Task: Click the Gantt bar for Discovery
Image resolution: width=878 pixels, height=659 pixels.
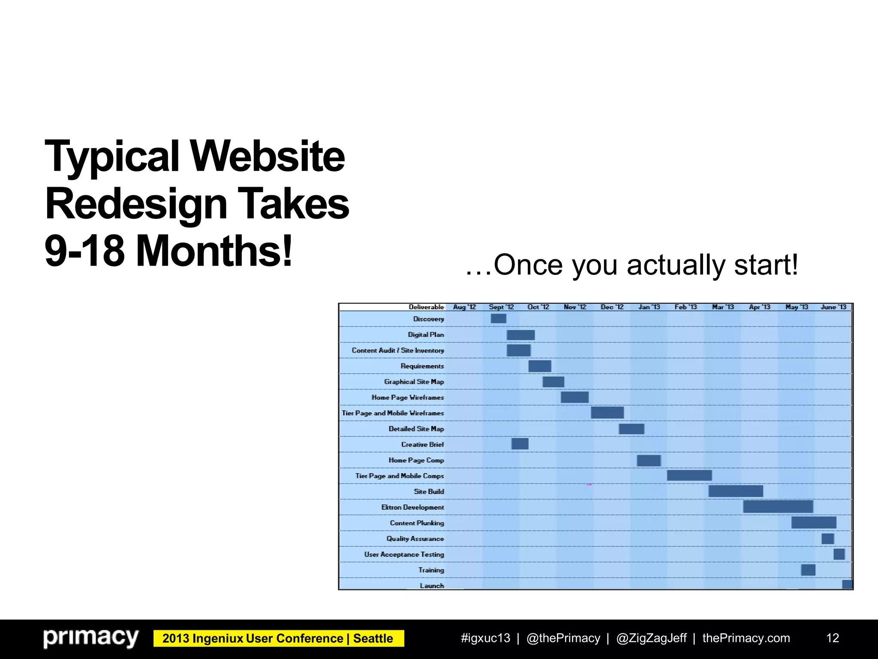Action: click(498, 318)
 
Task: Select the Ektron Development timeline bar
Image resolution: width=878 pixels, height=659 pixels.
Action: click(778, 507)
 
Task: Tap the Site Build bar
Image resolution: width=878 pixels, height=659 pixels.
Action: click(736, 491)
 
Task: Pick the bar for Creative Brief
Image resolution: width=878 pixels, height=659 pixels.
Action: click(520, 444)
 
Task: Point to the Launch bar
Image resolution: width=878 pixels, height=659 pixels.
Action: click(847, 584)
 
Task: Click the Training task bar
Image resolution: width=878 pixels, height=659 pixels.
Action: click(808, 570)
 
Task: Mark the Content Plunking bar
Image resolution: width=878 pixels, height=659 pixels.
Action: click(813, 523)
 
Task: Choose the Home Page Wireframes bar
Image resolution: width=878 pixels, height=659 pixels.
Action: click(574, 397)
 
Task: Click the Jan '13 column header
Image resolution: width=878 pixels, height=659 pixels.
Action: click(649, 307)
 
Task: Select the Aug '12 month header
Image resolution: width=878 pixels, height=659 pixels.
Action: click(464, 307)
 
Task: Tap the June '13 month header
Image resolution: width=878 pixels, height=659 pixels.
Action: click(833, 307)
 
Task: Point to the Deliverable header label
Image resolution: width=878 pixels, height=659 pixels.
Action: click(426, 307)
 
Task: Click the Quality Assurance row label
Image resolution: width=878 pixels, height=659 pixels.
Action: click(415, 539)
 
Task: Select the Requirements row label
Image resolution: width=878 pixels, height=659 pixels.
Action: click(422, 366)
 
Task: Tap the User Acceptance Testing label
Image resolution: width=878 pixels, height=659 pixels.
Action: click(404, 554)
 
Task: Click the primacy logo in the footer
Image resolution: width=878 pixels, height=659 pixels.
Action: click(91, 638)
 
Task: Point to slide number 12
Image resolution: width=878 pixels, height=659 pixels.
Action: click(832, 638)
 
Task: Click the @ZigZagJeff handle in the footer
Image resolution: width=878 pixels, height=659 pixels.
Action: click(651, 638)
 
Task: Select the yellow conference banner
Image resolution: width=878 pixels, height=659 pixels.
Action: click(278, 638)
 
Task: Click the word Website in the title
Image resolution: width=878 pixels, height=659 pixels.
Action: click(267, 157)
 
